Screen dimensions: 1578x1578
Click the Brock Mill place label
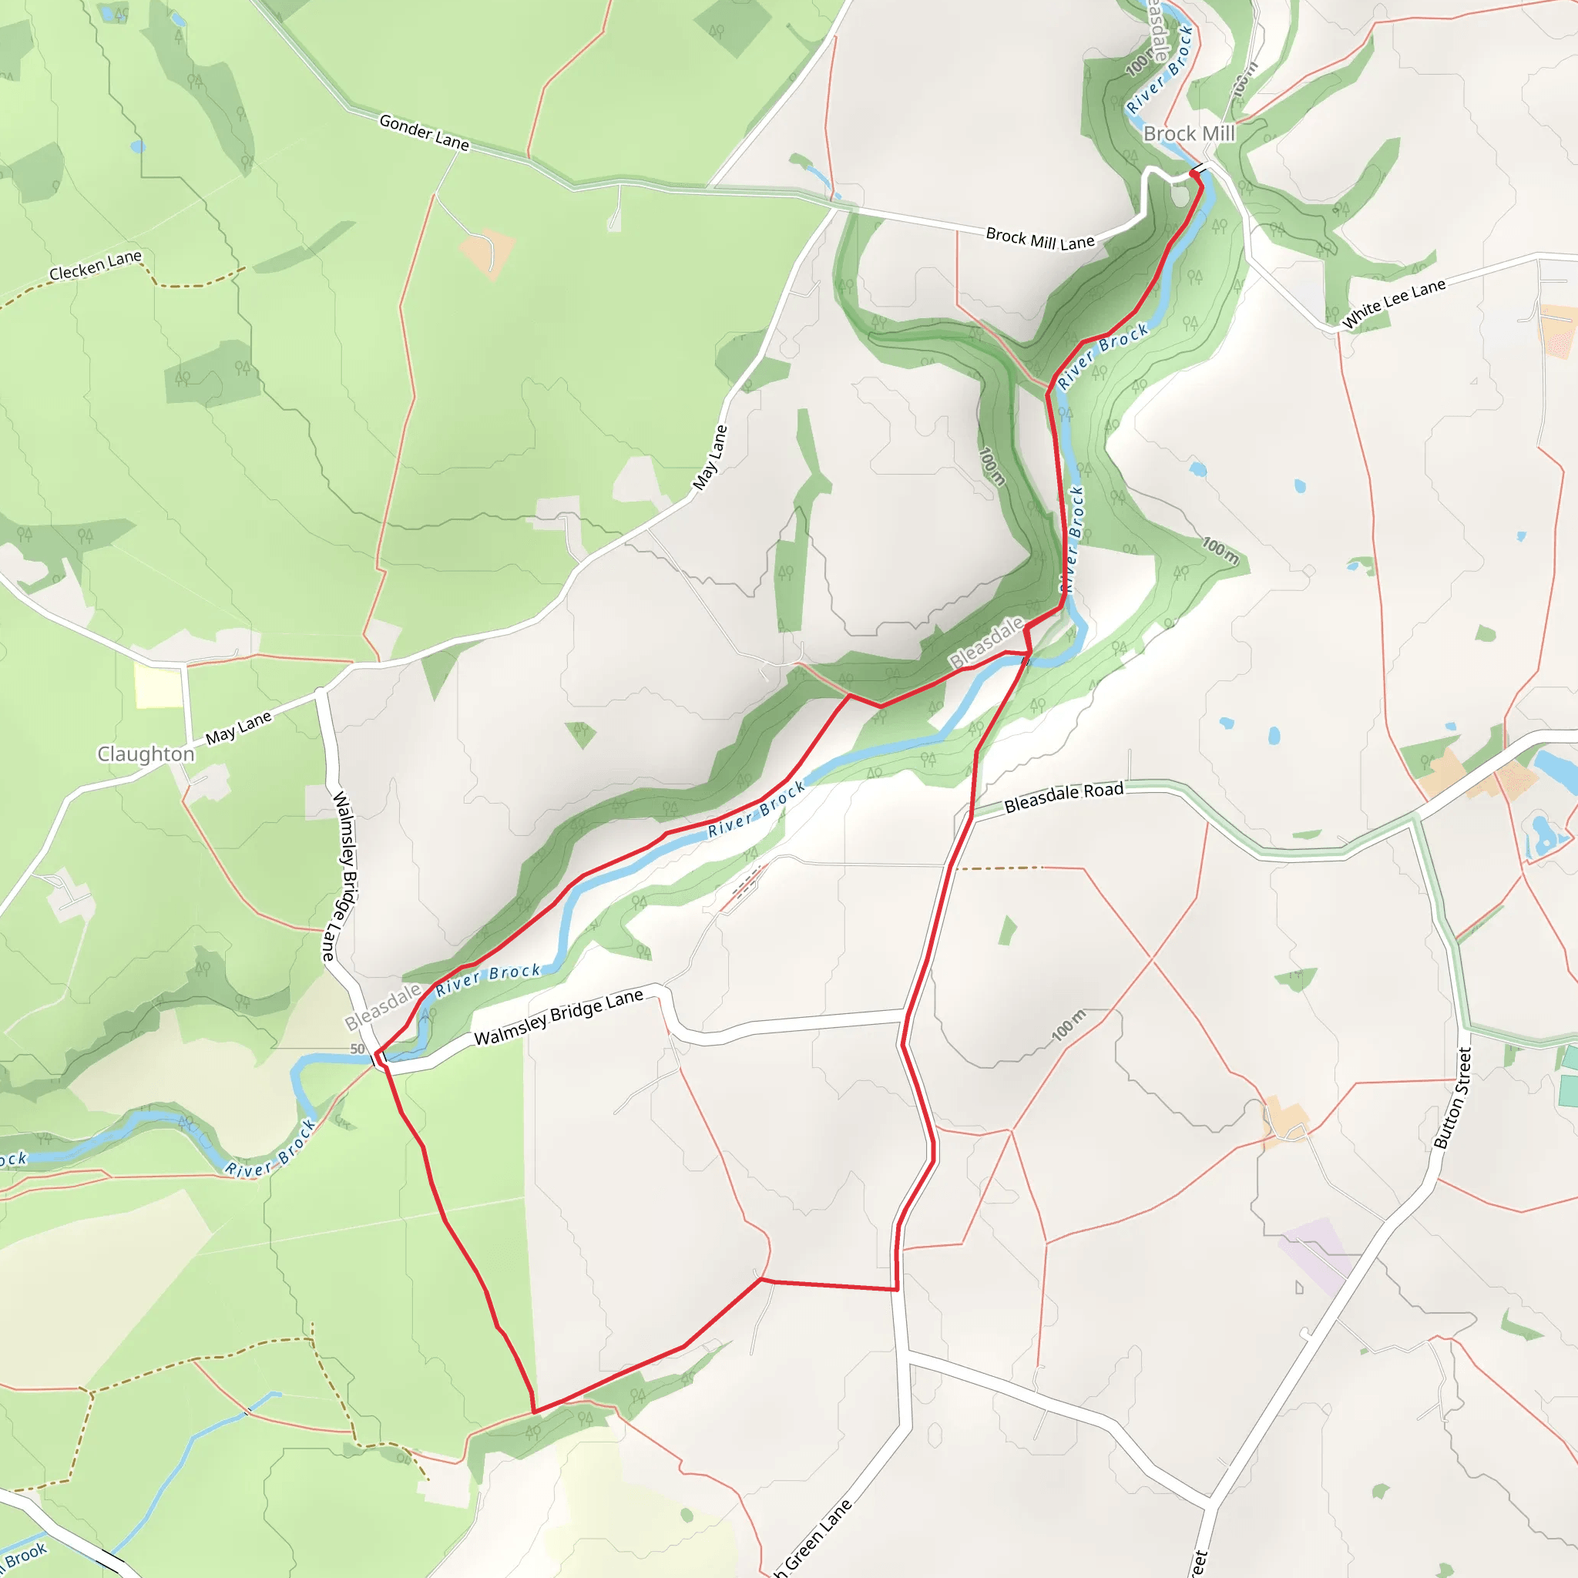(x=1188, y=133)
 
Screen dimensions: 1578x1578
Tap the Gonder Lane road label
(x=424, y=133)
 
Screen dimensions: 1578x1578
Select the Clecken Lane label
(x=95, y=267)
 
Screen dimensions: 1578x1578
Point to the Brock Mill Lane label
(x=1039, y=239)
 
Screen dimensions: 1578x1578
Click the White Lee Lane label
(x=1393, y=303)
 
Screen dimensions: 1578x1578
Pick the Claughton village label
(x=146, y=753)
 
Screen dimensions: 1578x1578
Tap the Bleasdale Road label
(x=1063, y=798)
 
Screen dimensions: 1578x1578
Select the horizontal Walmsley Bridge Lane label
(x=559, y=1017)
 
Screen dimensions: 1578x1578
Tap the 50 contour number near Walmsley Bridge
(x=357, y=1049)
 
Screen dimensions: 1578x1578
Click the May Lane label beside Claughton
(x=239, y=727)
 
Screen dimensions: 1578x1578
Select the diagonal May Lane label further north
(x=709, y=458)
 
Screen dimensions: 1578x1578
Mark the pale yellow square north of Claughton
(x=159, y=686)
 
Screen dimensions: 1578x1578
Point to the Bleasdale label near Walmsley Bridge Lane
(x=382, y=1008)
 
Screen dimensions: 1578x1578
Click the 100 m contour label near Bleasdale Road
(x=1069, y=1026)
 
